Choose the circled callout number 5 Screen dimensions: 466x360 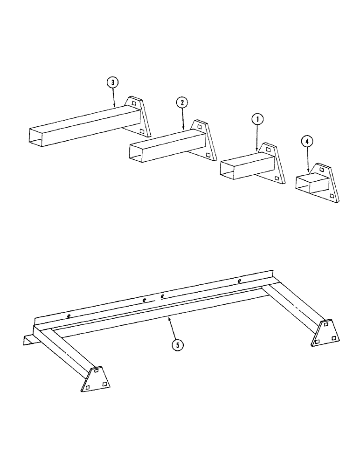pyautogui.click(x=176, y=345)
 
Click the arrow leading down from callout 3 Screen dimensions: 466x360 pyautogui.click(x=113, y=97)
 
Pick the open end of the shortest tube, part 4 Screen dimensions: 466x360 pyautogui.click(x=304, y=184)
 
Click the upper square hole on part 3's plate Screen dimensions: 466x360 pyautogui.click(x=134, y=103)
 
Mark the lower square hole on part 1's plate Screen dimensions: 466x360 pyautogui.click(x=277, y=178)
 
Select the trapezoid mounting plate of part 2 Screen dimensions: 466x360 pyautogui.click(x=205, y=140)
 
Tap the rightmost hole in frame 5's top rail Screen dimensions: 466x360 pyautogui.click(x=239, y=281)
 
